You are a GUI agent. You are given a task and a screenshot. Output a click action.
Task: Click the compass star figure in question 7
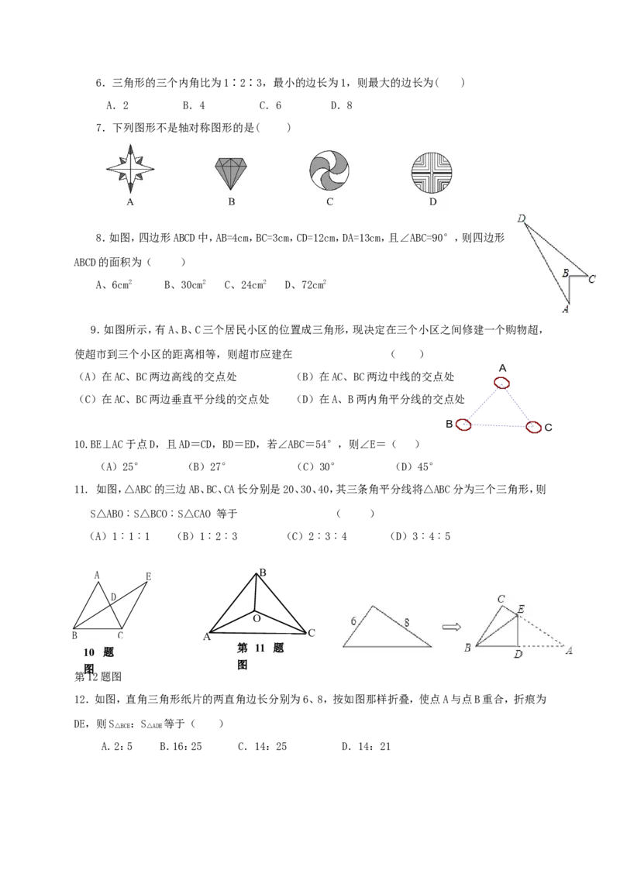click(x=130, y=168)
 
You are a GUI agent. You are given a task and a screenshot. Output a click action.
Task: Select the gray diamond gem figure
click(x=230, y=174)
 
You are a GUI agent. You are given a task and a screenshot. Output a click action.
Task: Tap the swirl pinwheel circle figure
click(x=329, y=170)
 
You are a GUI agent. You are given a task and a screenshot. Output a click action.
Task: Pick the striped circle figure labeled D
click(x=432, y=172)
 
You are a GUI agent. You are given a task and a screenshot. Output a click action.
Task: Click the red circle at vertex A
click(x=502, y=383)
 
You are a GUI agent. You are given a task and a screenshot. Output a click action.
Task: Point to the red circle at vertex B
click(x=463, y=425)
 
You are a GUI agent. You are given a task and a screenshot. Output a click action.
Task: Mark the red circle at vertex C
click(x=534, y=428)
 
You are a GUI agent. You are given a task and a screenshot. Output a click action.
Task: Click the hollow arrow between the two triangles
click(x=452, y=627)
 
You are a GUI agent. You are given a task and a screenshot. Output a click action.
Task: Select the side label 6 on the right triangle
click(x=353, y=621)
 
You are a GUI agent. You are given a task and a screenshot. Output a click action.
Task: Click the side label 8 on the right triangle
click(x=407, y=622)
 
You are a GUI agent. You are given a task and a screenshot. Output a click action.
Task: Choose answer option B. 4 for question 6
click(x=194, y=105)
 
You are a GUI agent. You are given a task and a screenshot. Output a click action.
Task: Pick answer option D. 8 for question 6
click(x=341, y=105)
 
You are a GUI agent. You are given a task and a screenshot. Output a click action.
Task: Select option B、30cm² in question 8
click(x=185, y=284)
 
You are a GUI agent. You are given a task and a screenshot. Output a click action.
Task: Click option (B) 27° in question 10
click(x=207, y=466)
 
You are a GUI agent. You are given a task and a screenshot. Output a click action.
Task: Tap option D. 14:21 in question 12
click(x=367, y=746)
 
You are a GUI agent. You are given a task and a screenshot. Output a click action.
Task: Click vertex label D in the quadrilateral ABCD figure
click(x=522, y=218)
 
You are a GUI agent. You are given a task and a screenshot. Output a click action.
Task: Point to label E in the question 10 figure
click(x=148, y=576)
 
